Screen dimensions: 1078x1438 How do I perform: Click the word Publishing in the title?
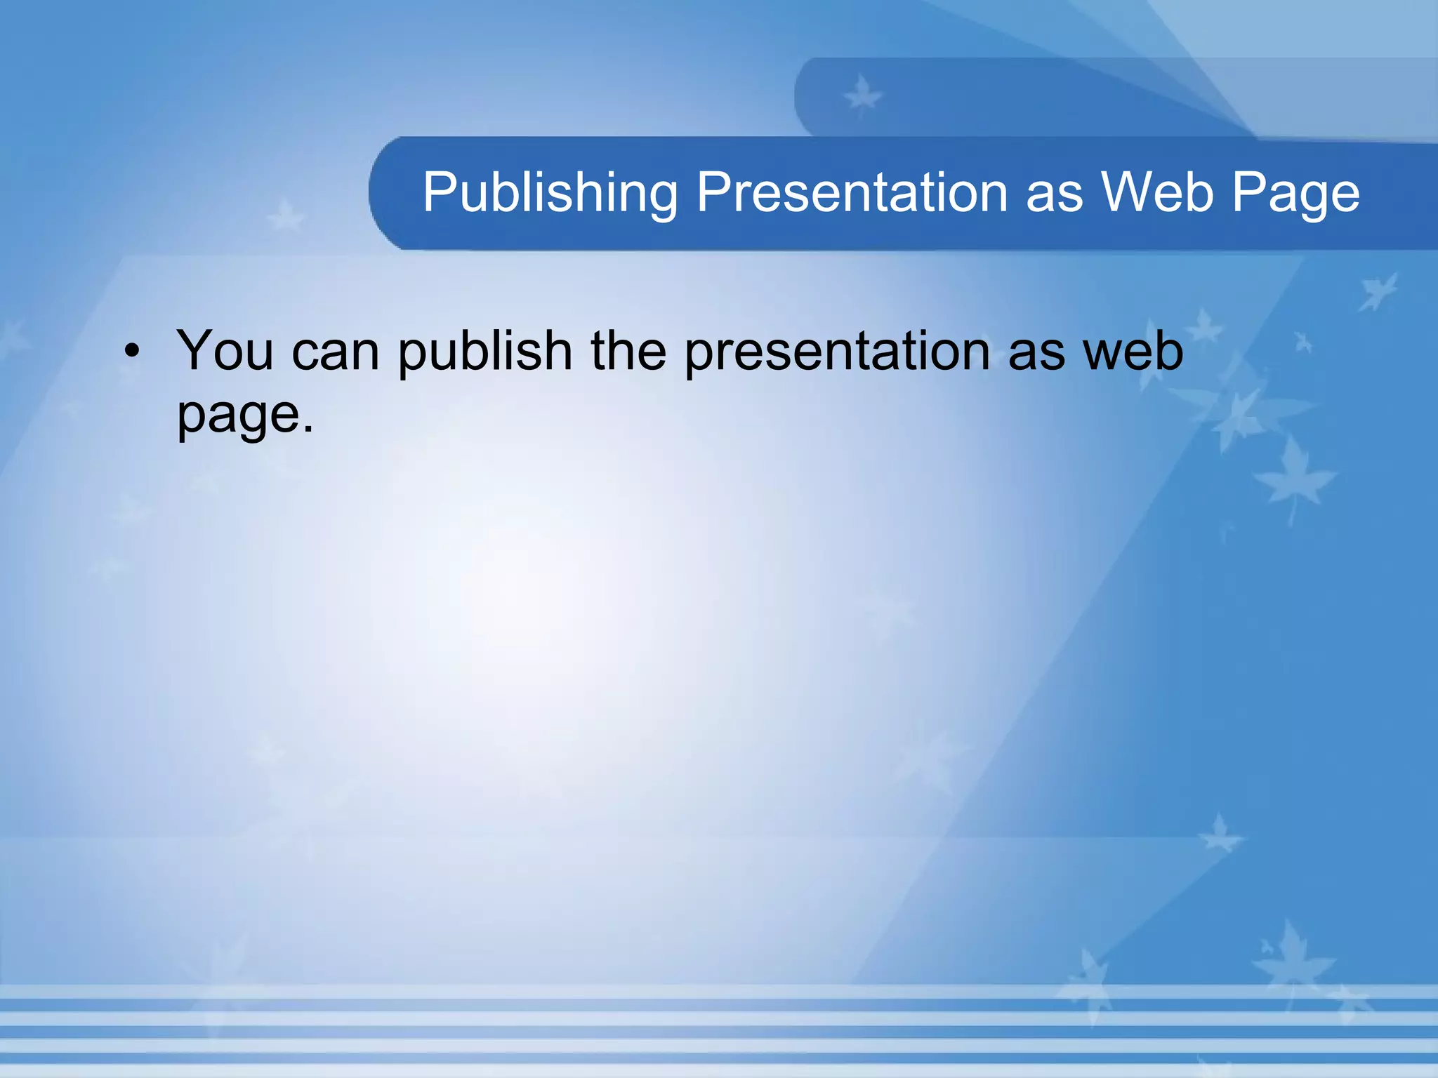[550, 193]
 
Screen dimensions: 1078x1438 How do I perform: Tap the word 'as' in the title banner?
[1055, 194]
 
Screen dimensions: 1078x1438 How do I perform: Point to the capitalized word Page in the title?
[1296, 194]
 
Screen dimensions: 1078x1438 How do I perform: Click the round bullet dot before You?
[132, 350]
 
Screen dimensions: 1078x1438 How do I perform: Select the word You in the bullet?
[225, 350]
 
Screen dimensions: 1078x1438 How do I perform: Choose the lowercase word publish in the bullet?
[485, 352]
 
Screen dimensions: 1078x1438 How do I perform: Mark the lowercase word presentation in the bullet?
[837, 352]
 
